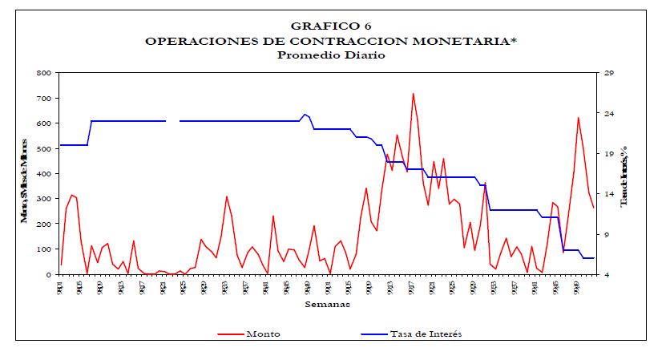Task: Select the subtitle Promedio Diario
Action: click(331, 55)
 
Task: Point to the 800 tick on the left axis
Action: click(45, 73)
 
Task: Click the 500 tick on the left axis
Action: click(45, 148)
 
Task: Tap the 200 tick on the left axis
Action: click(45, 224)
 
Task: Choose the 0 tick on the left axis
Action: click(50, 274)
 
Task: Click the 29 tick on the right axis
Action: click(608, 73)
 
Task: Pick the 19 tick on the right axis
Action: click(608, 153)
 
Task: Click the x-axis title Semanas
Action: click(327, 304)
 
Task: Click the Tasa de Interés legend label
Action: click(426, 334)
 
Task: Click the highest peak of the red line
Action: click(413, 94)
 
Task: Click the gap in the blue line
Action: click(172, 121)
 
